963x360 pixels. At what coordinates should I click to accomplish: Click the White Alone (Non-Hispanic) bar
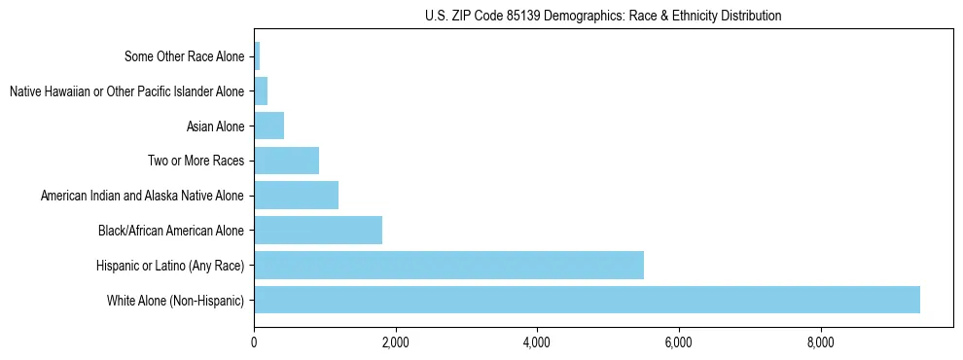pos(587,300)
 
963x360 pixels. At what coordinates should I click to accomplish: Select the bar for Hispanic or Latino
pos(448,265)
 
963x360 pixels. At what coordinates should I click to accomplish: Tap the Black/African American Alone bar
pos(318,231)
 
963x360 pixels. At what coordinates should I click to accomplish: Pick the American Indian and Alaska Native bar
pos(296,196)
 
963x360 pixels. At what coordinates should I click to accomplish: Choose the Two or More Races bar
pos(286,161)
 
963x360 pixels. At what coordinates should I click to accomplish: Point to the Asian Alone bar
pos(268,126)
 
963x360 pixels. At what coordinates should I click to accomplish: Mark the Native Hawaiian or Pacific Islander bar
pos(261,91)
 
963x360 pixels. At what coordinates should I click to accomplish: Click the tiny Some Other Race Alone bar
pos(257,56)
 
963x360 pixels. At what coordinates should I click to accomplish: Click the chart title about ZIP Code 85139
pos(603,16)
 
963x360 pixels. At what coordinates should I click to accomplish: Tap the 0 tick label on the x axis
pos(254,342)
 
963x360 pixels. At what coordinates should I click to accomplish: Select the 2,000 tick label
pos(395,342)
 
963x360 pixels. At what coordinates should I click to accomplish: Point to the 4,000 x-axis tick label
pos(537,342)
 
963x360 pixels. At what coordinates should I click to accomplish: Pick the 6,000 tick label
pos(678,342)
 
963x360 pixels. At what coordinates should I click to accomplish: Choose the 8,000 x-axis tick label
pos(820,342)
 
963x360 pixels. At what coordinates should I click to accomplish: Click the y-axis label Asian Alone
pos(215,126)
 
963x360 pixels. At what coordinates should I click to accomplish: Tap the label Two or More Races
pos(196,162)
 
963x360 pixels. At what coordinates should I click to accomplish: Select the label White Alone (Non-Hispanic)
pos(176,301)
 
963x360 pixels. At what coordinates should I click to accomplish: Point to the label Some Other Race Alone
pos(185,56)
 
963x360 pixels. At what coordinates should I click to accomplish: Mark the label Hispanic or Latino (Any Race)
pos(170,266)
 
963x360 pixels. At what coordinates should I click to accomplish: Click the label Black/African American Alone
pos(171,231)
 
